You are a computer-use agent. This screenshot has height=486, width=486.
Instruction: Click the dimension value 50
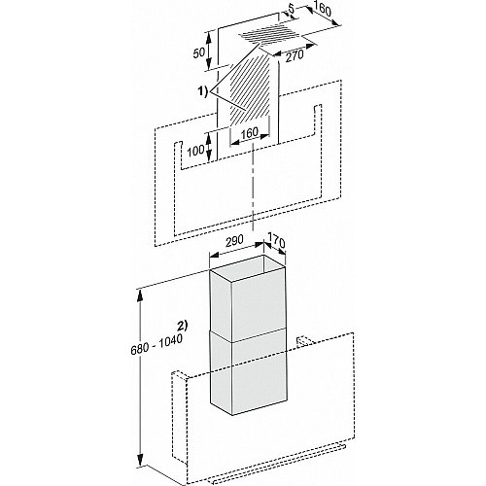coord(199,52)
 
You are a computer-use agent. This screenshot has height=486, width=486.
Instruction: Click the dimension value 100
coord(195,150)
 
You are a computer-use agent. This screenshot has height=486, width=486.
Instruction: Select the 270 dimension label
coord(295,56)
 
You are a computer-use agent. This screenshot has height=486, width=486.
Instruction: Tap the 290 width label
coord(233,241)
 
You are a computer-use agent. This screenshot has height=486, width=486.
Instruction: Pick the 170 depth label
coord(276,242)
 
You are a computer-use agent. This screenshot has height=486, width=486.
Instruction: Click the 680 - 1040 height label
coord(156,344)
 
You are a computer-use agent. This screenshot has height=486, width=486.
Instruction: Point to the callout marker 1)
coord(203,92)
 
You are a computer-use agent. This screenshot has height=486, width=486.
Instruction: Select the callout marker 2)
coord(183,326)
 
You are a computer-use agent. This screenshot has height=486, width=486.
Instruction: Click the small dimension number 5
coord(291,10)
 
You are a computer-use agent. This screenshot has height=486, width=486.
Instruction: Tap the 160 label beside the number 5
coord(323,11)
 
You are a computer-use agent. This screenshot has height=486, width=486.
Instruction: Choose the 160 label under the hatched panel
coord(250,132)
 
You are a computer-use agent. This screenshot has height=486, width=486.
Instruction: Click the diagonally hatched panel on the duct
coord(250,89)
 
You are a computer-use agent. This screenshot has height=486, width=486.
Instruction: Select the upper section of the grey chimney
coord(248,302)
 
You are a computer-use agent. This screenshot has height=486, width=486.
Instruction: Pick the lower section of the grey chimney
coord(249,372)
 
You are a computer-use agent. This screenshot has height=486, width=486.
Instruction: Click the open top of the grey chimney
coord(249,268)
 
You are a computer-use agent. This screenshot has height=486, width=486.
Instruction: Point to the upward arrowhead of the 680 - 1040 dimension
coord(140,295)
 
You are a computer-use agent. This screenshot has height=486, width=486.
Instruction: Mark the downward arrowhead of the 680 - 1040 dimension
coord(140,461)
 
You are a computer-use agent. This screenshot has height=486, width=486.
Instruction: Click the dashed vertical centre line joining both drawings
coord(253,189)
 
